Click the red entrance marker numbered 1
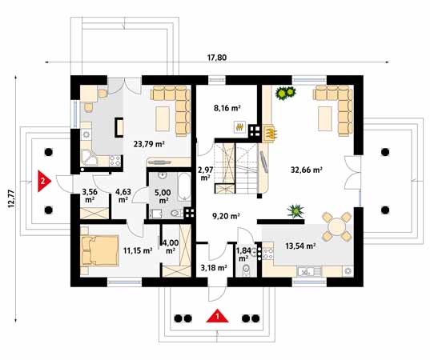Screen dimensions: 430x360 tap(218, 316)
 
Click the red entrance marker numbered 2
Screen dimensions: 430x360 tap(44, 181)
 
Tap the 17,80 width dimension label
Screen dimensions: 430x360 tap(217, 58)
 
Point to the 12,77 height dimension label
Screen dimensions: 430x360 tap(11, 198)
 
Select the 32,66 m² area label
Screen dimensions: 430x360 tap(307, 170)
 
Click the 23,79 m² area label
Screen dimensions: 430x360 tap(149, 144)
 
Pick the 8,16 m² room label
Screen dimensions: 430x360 tap(227, 108)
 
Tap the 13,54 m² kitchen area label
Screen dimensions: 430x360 tap(300, 246)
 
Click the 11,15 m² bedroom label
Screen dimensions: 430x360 tap(138, 250)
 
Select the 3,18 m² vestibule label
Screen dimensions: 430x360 tap(214, 268)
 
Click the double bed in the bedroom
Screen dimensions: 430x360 tap(99, 250)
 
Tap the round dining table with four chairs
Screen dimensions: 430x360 tap(336, 226)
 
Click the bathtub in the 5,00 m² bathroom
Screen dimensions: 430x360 tap(184, 187)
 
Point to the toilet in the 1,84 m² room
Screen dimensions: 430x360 tap(247, 270)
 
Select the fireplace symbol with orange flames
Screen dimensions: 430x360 tap(270, 134)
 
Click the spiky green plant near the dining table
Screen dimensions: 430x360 tap(295, 211)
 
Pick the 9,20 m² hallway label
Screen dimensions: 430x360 tap(227, 217)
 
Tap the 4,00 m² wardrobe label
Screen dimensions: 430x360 tap(171, 246)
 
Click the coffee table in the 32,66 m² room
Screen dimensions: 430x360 tap(325, 118)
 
